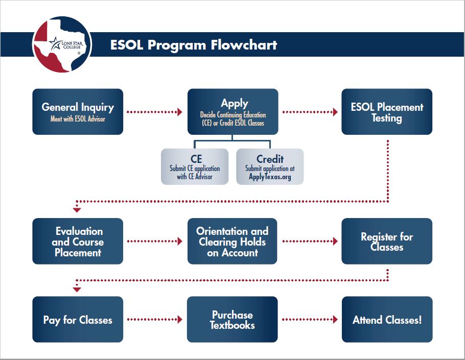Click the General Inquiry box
(78, 112)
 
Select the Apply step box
(233, 112)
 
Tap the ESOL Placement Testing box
(387, 112)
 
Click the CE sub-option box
(195, 166)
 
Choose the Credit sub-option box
(270, 166)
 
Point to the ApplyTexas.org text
(270, 177)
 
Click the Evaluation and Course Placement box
(78, 241)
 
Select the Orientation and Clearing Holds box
(232, 241)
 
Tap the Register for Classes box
(387, 241)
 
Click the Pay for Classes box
(78, 320)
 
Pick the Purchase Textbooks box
(232, 320)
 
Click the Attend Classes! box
(387, 320)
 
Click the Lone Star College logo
(62, 44)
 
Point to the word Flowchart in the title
(244, 45)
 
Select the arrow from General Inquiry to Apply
(154, 112)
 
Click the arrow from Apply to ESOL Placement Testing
(310, 112)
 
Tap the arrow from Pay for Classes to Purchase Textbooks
(154, 320)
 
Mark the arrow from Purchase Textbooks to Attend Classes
(310, 320)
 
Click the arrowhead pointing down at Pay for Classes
(77, 290)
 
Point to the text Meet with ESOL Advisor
(78, 119)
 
